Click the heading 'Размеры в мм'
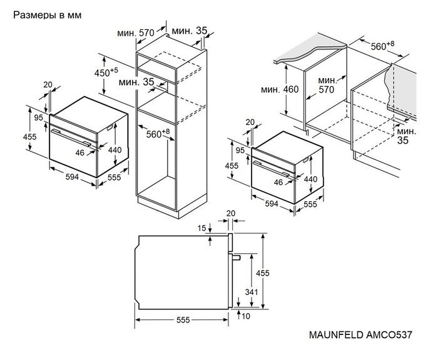[47, 14]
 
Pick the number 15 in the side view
[201, 228]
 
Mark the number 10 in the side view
[248, 317]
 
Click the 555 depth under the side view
[182, 320]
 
